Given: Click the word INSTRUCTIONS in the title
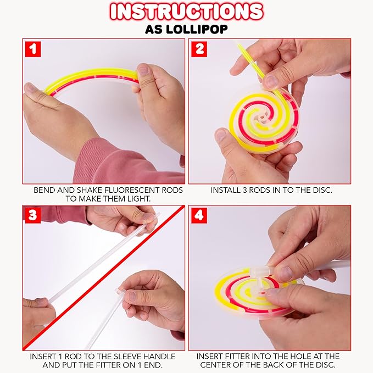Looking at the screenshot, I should (x=186, y=12).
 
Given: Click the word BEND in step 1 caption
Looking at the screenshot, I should (x=46, y=190).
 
